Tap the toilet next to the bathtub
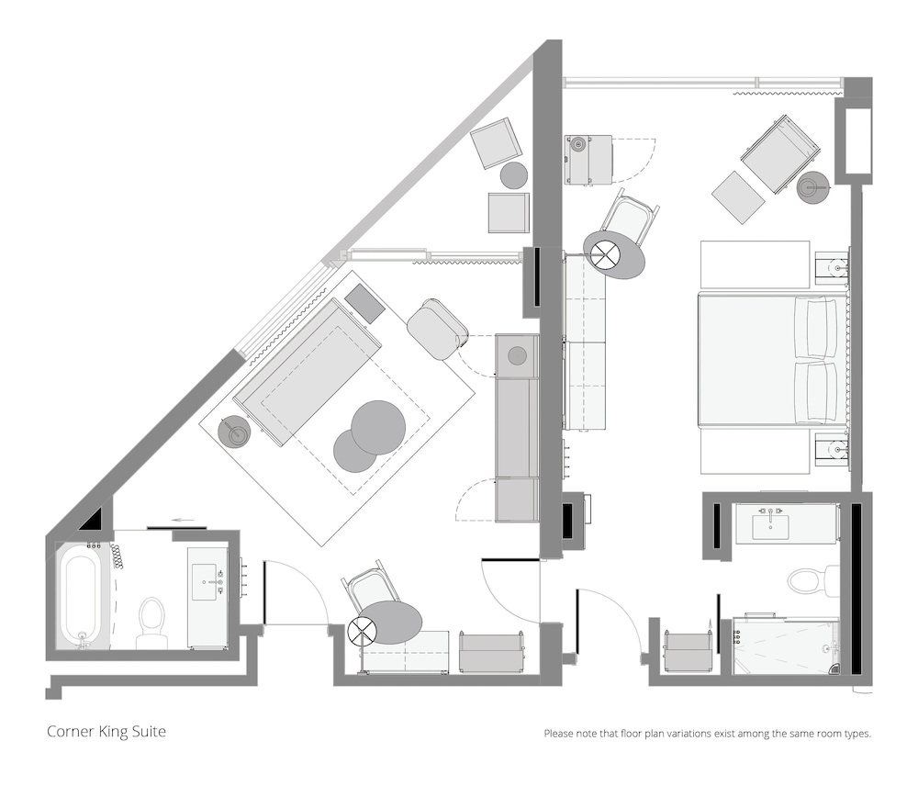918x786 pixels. point(151,623)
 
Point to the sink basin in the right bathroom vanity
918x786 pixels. point(770,526)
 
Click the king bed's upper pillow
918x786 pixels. point(816,328)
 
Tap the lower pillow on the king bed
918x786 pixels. point(816,392)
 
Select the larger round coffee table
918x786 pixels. point(378,428)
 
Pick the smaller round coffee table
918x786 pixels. point(354,451)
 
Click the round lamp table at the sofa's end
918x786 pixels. point(234,432)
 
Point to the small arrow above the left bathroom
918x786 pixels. point(185,519)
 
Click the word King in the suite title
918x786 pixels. point(114,732)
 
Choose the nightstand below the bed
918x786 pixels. point(832,450)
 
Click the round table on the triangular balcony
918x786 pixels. point(514,175)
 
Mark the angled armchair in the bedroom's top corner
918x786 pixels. point(778,154)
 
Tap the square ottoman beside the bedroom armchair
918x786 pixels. point(738,197)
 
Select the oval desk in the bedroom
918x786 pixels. point(615,253)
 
